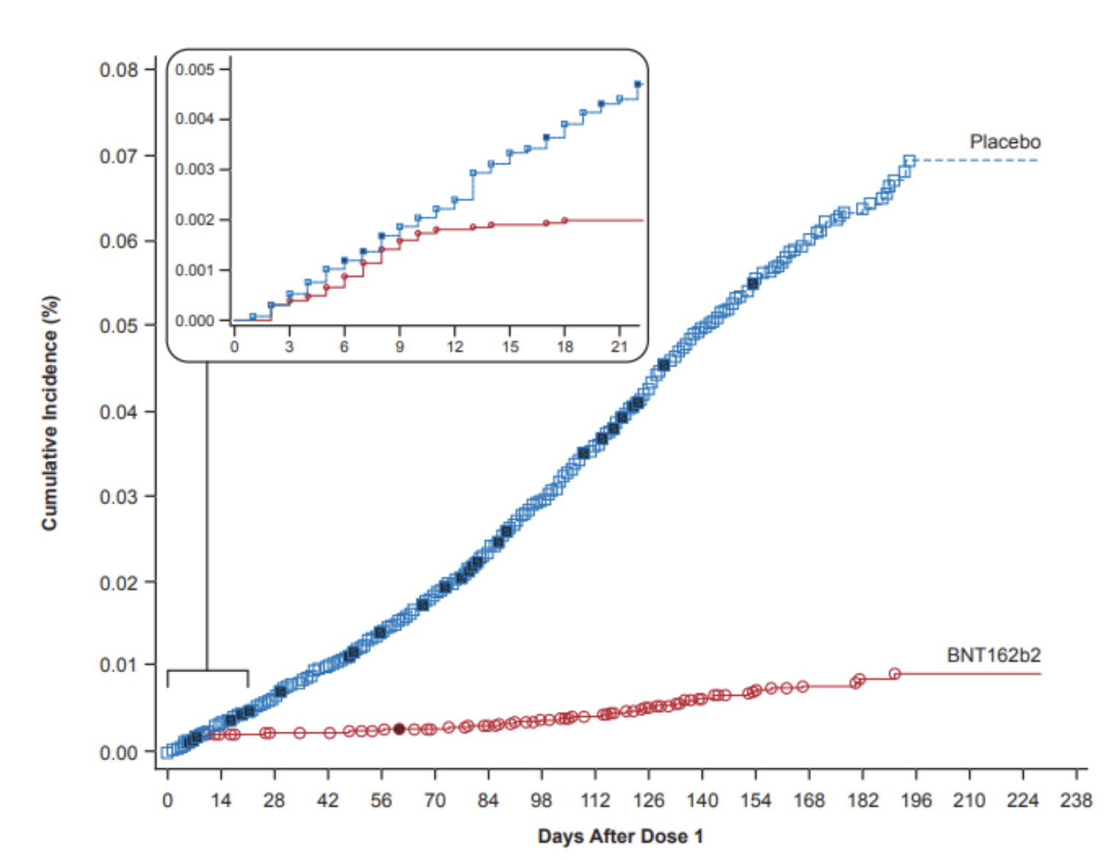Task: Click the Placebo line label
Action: pyautogui.click(x=1004, y=142)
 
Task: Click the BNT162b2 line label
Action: pyautogui.click(x=993, y=655)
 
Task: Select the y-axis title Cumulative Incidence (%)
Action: pyautogui.click(x=49, y=412)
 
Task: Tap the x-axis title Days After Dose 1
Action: pyautogui.click(x=620, y=836)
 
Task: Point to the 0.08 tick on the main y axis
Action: pyautogui.click(x=119, y=70)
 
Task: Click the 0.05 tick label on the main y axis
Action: pyautogui.click(x=119, y=326)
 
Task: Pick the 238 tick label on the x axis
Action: pyautogui.click(x=1075, y=800)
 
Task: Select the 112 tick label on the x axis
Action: pyautogui.click(x=594, y=800)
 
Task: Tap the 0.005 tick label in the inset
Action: pyautogui.click(x=194, y=70)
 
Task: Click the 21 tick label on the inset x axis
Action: pyautogui.click(x=619, y=346)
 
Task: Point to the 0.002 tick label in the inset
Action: pyautogui.click(x=194, y=220)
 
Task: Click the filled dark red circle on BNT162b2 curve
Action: pyautogui.click(x=399, y=729)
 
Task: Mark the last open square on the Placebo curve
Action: pyautogui.click(x=909, y=161)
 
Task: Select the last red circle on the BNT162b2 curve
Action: pyautogui.click(x=894, y=674)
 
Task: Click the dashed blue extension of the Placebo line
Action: pyautogui.click(x=976, y=160)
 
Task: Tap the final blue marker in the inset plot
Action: pyautogui.click(x=637, y=84)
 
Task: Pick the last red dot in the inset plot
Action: pyautogui.click(x=564, y=220)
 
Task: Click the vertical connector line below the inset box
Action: pyautogui.click(x=207, y=514)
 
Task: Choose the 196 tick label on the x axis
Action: pyautogui.click(x=915, y=800)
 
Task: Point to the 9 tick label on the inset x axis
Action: pyautogui.click(x=399, y=346)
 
